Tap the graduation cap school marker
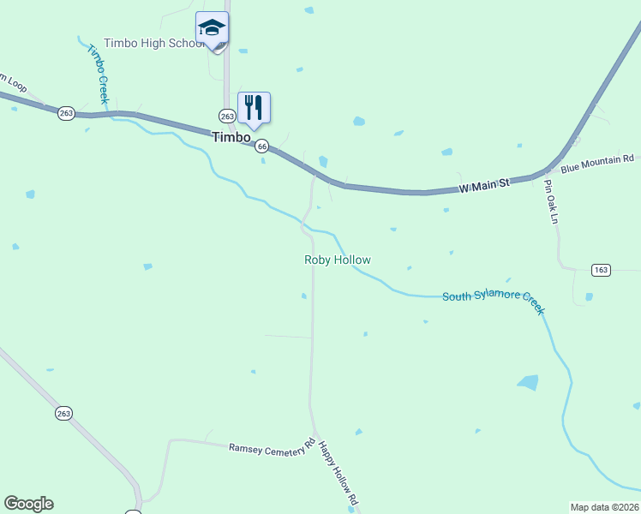pyautogui.click(x=212, y=29)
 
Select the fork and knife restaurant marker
pyautogui.click(x=254, y=108)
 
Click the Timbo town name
pyautogui.click(x=231, y=137)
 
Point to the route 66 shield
pyautogui.click(x=262, y=146)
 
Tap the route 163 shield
pyautogui.click(x=601, y=270)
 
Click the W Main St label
pyautogui.click(x=484, y=183)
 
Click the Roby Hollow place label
pyautogui.click(x=338, y=260)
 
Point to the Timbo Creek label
pyautogui.click(x=97, y=74)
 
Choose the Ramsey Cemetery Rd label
pyautogui.click(x=272, y=447)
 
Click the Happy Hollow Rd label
pyautogui.click(x=338, y=472)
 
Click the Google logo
pyautogui.click(x=28, y=504)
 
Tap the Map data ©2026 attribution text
pyautogui.click(x=604, y=507)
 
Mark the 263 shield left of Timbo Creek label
pyautogui.click(x=67, y=113)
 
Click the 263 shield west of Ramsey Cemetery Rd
pyautogui.click(x=63, y=413)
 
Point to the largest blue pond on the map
pyautogui.click(x=528, y=382)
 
